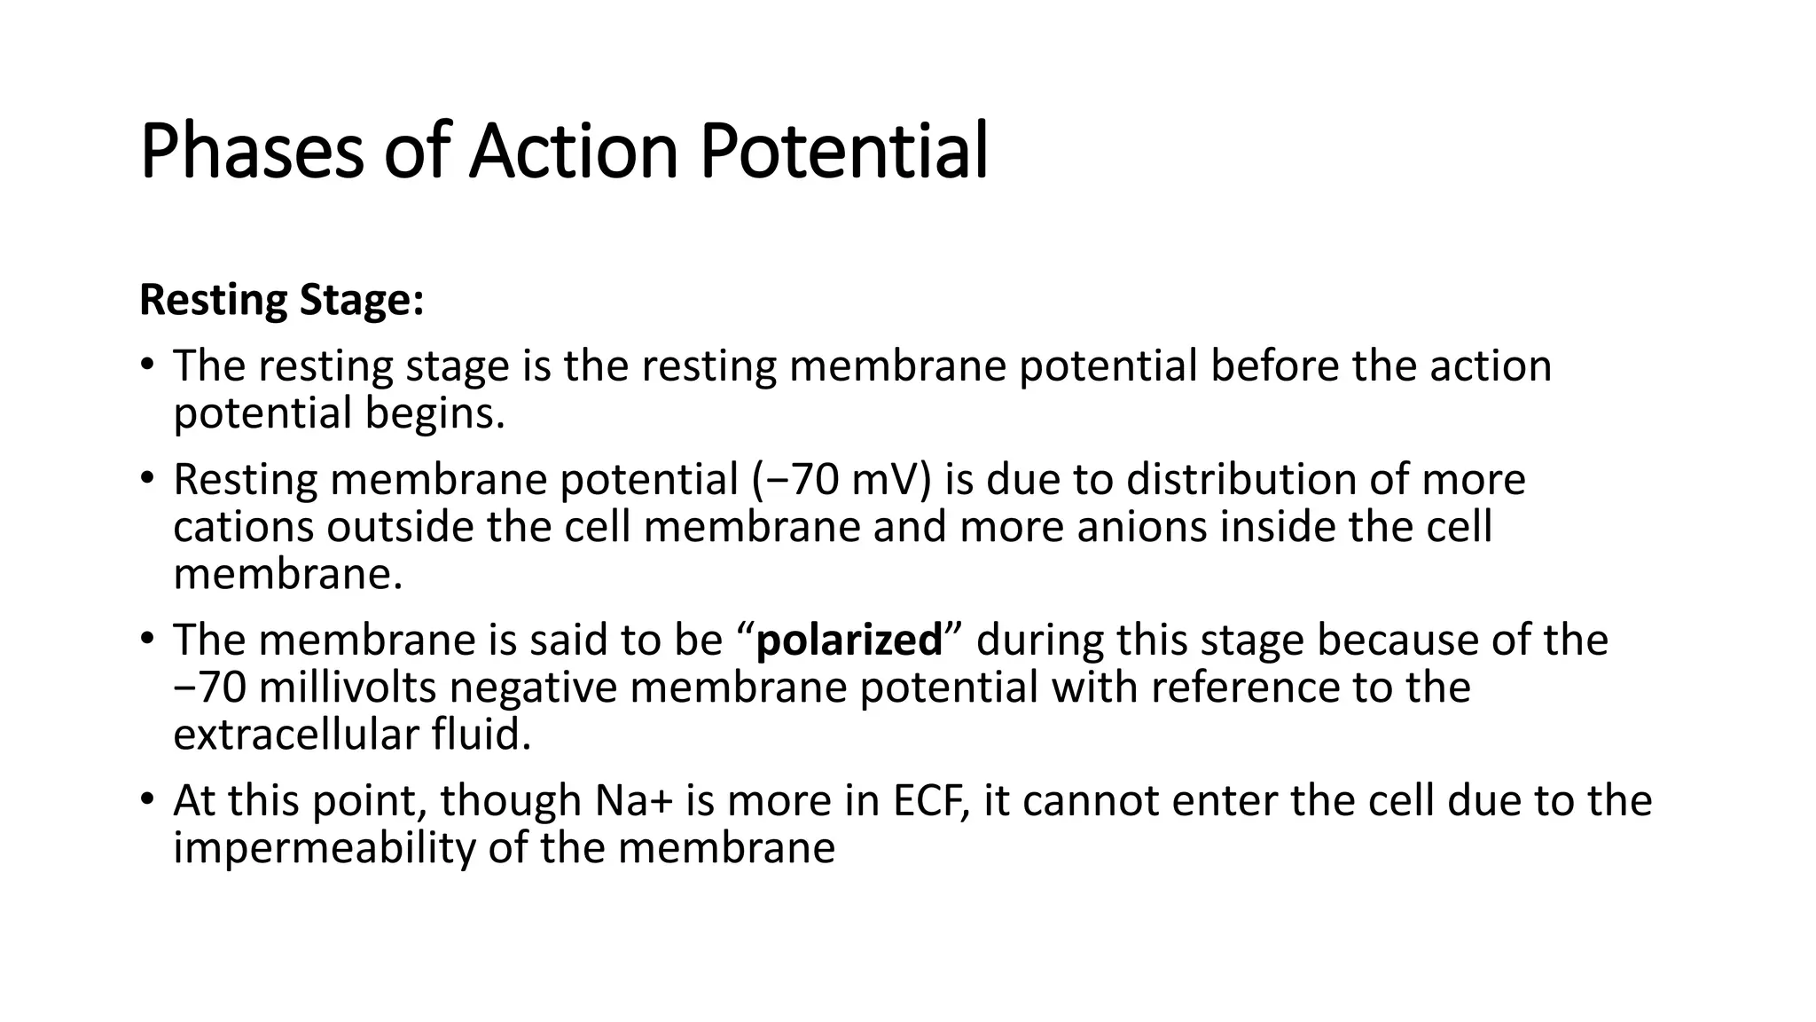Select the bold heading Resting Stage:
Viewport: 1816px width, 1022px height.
tap(282, 300)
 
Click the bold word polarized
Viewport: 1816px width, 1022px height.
tap(849, 640)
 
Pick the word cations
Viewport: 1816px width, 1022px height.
tap(243, 527)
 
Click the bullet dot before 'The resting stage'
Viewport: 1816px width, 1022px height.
tap(147, 365)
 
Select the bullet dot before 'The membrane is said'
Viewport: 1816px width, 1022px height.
tap(147, 638)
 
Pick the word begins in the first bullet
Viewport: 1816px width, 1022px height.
tap(434, 413)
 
